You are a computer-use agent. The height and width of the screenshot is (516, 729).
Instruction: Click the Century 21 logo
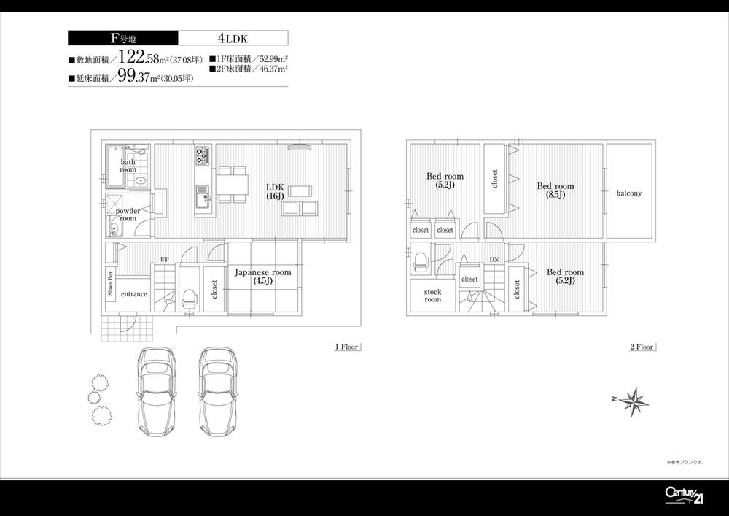(x=684, y=494)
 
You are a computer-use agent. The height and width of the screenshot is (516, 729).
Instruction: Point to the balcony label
(x=628, y=193)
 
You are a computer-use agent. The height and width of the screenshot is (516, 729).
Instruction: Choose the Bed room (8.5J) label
(x=555, y=190)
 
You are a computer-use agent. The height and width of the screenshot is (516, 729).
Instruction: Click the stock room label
(x=433, y=296)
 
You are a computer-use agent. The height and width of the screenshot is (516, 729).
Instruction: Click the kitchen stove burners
(x=202, y=155)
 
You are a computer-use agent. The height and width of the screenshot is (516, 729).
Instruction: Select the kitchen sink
(x=202, y=193)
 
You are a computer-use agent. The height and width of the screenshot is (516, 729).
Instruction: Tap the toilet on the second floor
(x=420, y=261)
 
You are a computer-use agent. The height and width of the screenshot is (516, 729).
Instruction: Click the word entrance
(x=134, y=294)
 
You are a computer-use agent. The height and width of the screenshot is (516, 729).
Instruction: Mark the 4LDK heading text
(x=233, y=38)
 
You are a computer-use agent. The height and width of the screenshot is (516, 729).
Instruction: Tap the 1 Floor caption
(x=347, y=347)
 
